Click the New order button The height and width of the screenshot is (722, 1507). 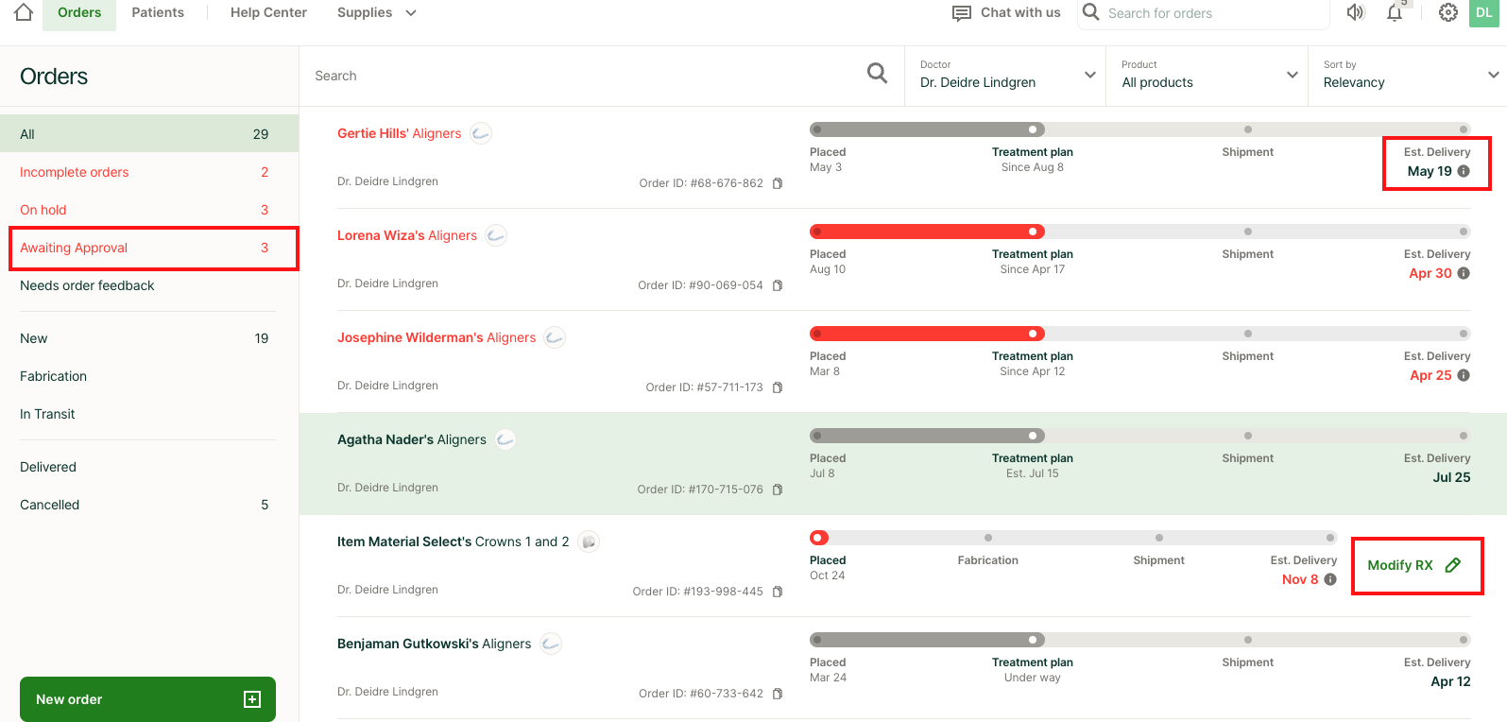147,699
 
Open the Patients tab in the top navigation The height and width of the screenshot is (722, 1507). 158,12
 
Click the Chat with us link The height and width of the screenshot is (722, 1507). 1007,13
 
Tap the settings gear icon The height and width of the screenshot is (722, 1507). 1447,13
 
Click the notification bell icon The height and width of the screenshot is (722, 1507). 1395,13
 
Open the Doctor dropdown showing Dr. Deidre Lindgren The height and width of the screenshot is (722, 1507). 1007,76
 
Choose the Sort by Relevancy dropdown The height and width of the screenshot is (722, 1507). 1409,76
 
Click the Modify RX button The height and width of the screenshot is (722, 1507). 1414,565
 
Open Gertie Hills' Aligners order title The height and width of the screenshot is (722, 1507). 399,133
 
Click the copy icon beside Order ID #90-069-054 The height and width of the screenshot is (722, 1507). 778,285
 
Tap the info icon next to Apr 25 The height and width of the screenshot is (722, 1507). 1464,375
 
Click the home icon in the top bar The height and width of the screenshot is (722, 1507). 24,12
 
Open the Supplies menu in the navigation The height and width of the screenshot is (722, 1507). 376,12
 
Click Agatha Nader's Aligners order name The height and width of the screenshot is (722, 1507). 411,439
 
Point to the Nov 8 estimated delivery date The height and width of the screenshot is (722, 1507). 1300,579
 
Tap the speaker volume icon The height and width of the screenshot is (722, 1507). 1356,12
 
